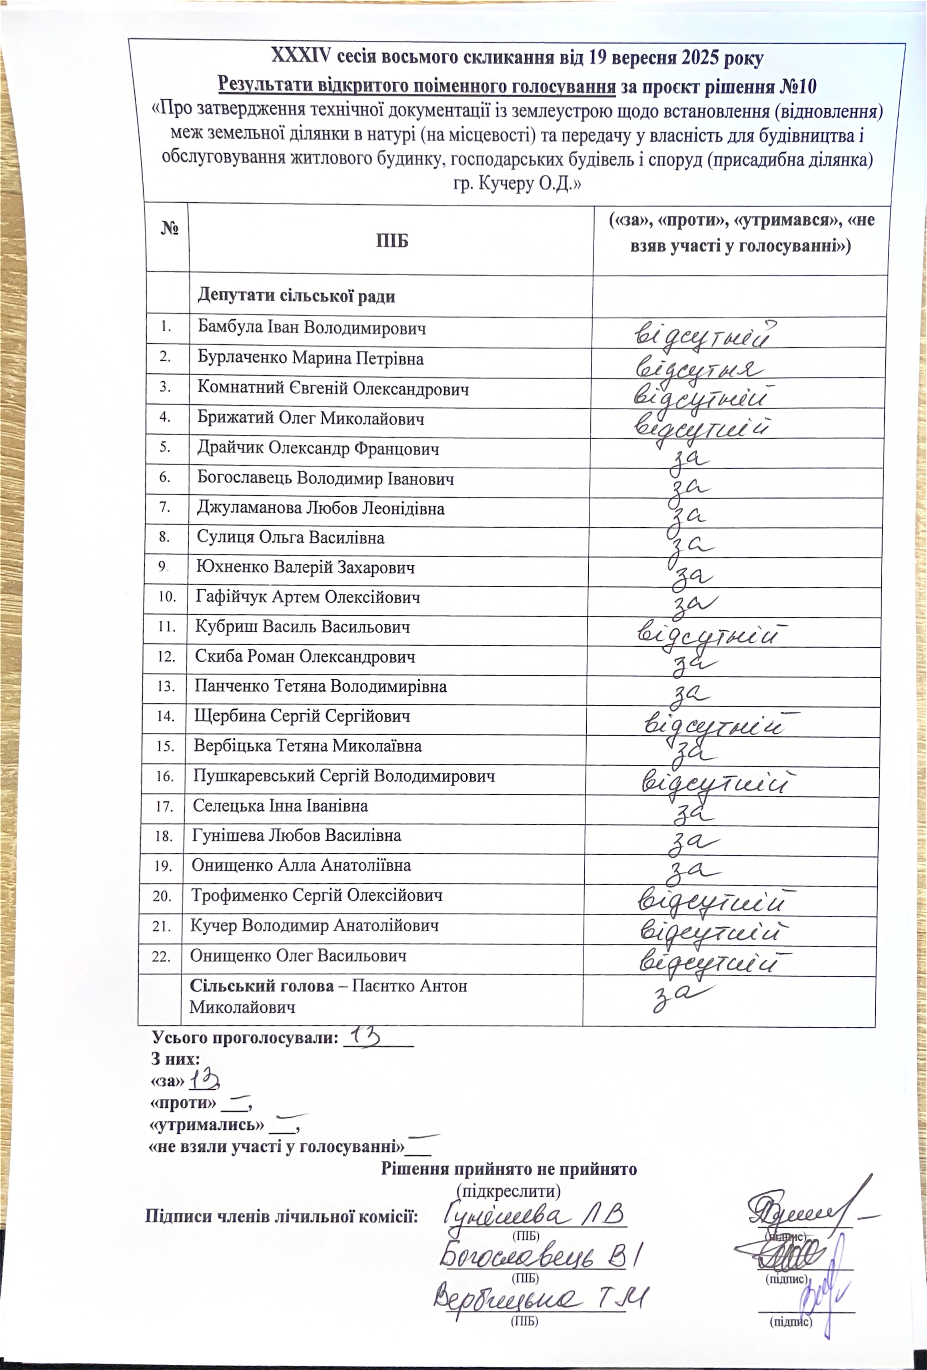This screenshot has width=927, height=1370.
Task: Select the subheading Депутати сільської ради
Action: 296,295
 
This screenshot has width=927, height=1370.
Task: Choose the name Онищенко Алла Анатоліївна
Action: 301,865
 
